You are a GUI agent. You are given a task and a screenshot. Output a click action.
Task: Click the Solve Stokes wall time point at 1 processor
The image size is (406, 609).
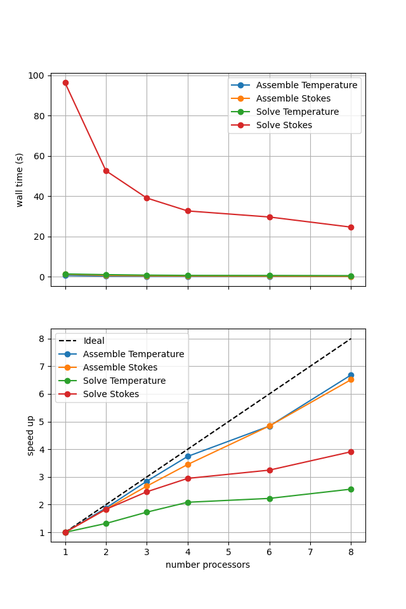pos(65,82)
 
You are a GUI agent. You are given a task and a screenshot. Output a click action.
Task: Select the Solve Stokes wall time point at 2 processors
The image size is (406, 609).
pos(106,171)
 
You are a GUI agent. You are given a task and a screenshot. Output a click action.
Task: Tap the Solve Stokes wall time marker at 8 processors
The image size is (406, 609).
pos(351,227)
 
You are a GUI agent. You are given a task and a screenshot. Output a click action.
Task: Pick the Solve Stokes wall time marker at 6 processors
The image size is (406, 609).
pos(270,217)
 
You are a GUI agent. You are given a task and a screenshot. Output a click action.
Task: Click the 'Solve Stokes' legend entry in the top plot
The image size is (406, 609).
pos(284,126)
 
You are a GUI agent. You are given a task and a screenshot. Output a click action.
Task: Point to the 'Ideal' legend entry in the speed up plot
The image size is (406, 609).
pos(94,341)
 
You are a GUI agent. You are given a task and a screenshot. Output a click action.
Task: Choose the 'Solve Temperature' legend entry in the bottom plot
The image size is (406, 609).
pos(124,381)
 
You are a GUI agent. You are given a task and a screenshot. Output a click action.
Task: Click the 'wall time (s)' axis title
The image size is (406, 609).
pos(20,180)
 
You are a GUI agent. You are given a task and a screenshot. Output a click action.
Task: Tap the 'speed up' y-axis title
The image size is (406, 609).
pos(30,435)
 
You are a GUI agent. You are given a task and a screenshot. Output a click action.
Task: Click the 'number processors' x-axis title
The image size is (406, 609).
pos(207,565)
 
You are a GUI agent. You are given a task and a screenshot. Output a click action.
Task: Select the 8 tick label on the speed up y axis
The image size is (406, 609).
pos(41,339)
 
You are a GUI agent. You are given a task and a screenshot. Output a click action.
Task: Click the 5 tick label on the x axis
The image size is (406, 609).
pos(228,552)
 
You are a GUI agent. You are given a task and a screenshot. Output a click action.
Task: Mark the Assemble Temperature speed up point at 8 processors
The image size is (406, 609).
pos(351,375)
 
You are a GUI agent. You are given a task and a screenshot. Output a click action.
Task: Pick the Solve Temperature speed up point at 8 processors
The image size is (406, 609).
pos(351,489)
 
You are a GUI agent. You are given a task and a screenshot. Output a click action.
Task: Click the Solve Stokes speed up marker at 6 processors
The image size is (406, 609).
pos(270,470)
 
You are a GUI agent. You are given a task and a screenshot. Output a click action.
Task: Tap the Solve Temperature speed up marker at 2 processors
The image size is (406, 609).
pos(106,523)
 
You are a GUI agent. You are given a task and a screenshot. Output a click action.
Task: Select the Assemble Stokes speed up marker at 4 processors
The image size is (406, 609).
pos(188,464)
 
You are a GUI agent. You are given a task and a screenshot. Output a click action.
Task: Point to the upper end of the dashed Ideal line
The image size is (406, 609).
pos(351,339)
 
